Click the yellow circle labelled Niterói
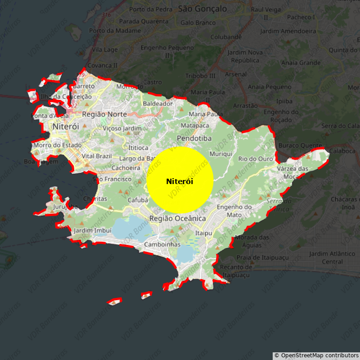click(x=180, y=180)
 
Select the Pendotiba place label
click(x=194, y=138)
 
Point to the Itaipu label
click(x=203, y=233)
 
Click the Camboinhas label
click(x=162, y=244)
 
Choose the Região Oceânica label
click(x=177, y=218)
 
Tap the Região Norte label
click(x=104, y=114)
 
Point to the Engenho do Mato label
click(x=234, y=211)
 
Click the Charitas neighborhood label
click(x=95, y=198)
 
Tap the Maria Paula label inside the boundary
click(x=206, y=114)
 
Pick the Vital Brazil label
click(x=96, y=156)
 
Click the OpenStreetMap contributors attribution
click(x=316, y=355)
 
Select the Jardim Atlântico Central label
click(x=326, y=257)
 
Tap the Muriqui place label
click(x=221, y=154)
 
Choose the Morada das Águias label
click(x=252, y=241)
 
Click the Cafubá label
click(x=138, y=200)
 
